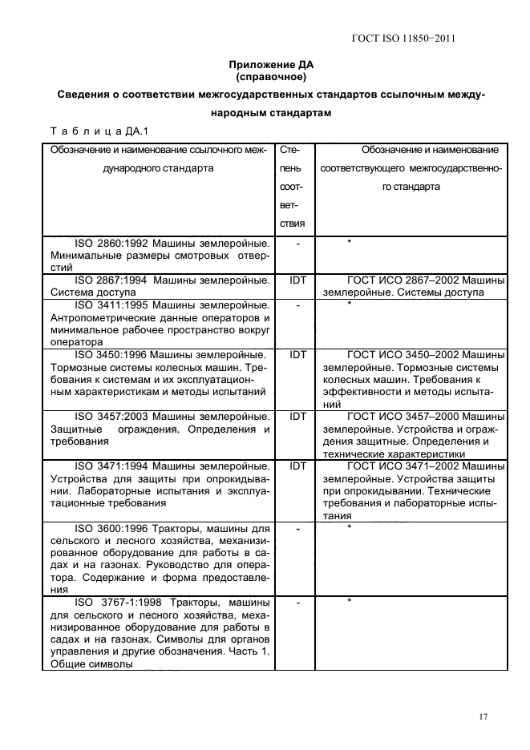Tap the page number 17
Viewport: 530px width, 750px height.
(483, 716)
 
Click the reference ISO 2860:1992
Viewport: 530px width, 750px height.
(107, 241)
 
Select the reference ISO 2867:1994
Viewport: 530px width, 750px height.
(107, 280)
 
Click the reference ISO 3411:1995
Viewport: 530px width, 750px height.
(107, 305)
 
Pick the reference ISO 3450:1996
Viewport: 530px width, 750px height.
(107, 353)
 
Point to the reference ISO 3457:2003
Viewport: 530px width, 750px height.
(107, 417)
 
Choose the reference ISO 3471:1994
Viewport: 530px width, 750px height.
(107, 466)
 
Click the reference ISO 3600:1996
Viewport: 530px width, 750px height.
(107, 529)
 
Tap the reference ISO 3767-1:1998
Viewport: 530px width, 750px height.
(112, 602)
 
